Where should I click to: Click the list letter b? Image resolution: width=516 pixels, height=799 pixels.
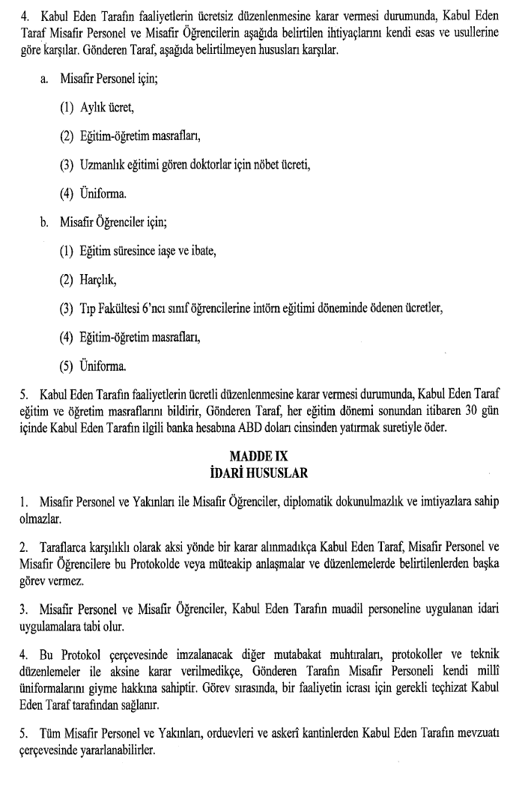click(44, 222)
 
